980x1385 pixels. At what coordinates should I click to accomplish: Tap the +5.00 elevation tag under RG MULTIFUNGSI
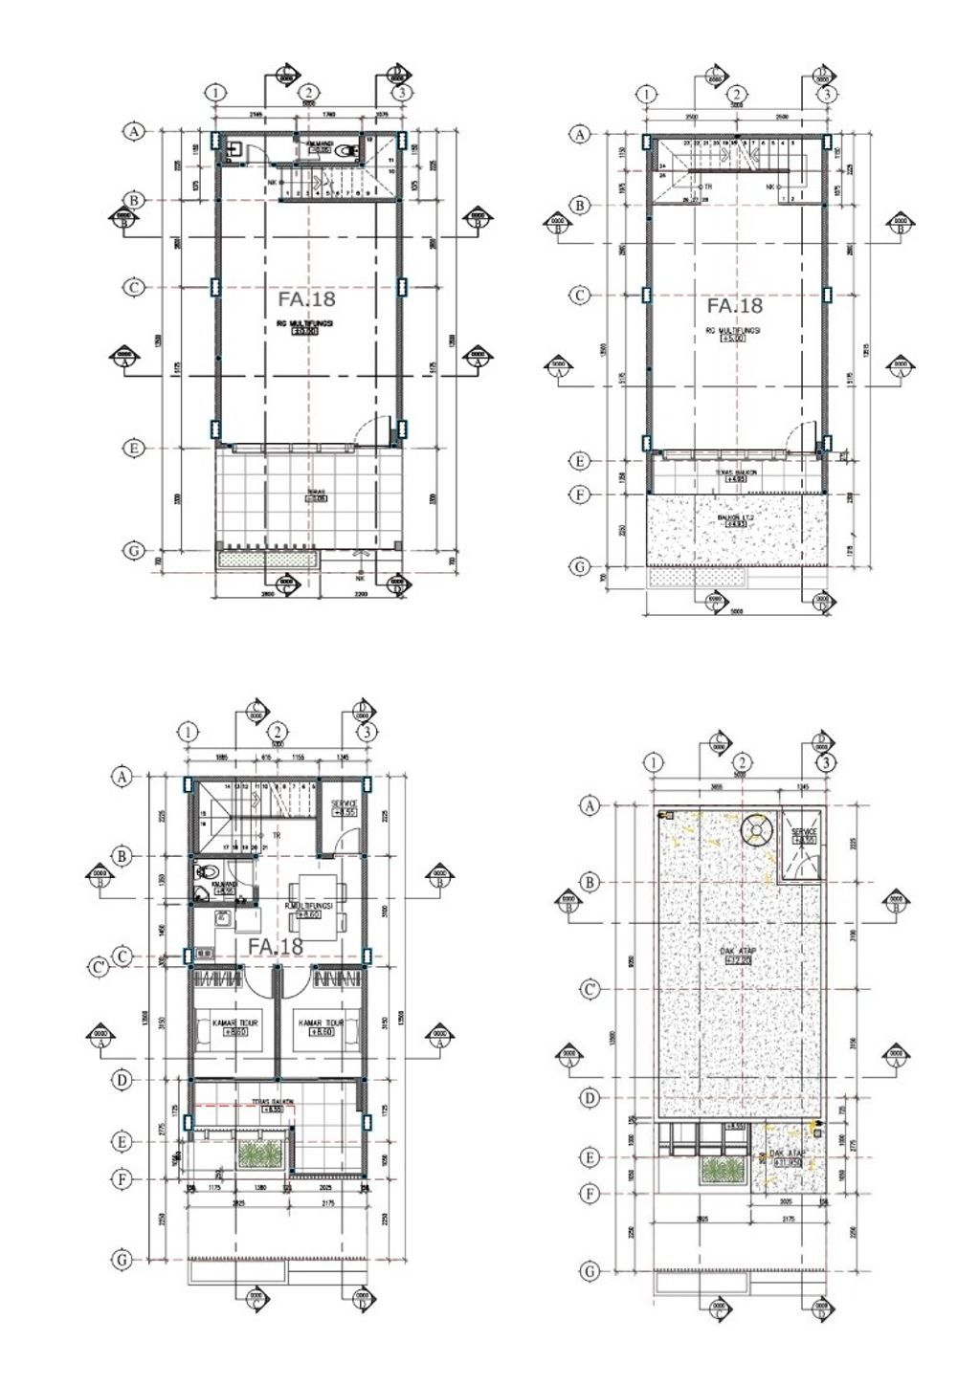point(734,337)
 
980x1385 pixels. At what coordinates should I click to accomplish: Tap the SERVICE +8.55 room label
point(344,806)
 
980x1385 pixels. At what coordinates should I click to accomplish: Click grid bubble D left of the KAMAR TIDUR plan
point(122,1081)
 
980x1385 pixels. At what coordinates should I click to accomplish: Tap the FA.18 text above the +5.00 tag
point(734,306)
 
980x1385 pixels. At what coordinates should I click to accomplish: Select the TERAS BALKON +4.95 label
point(736,475)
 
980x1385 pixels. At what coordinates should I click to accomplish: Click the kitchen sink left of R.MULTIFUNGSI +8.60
point(223,918)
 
